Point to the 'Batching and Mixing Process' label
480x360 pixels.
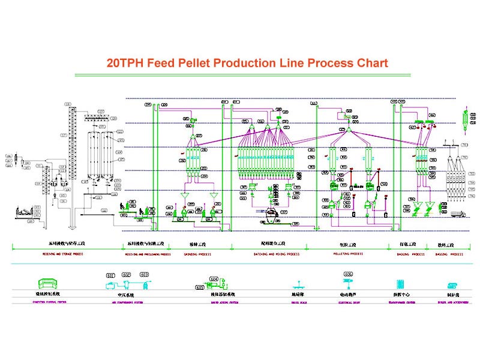click(275, 254)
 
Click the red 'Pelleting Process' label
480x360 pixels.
click(349, 254)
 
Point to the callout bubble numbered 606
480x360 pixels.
click(349, 274)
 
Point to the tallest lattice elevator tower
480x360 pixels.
click(70, 156)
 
